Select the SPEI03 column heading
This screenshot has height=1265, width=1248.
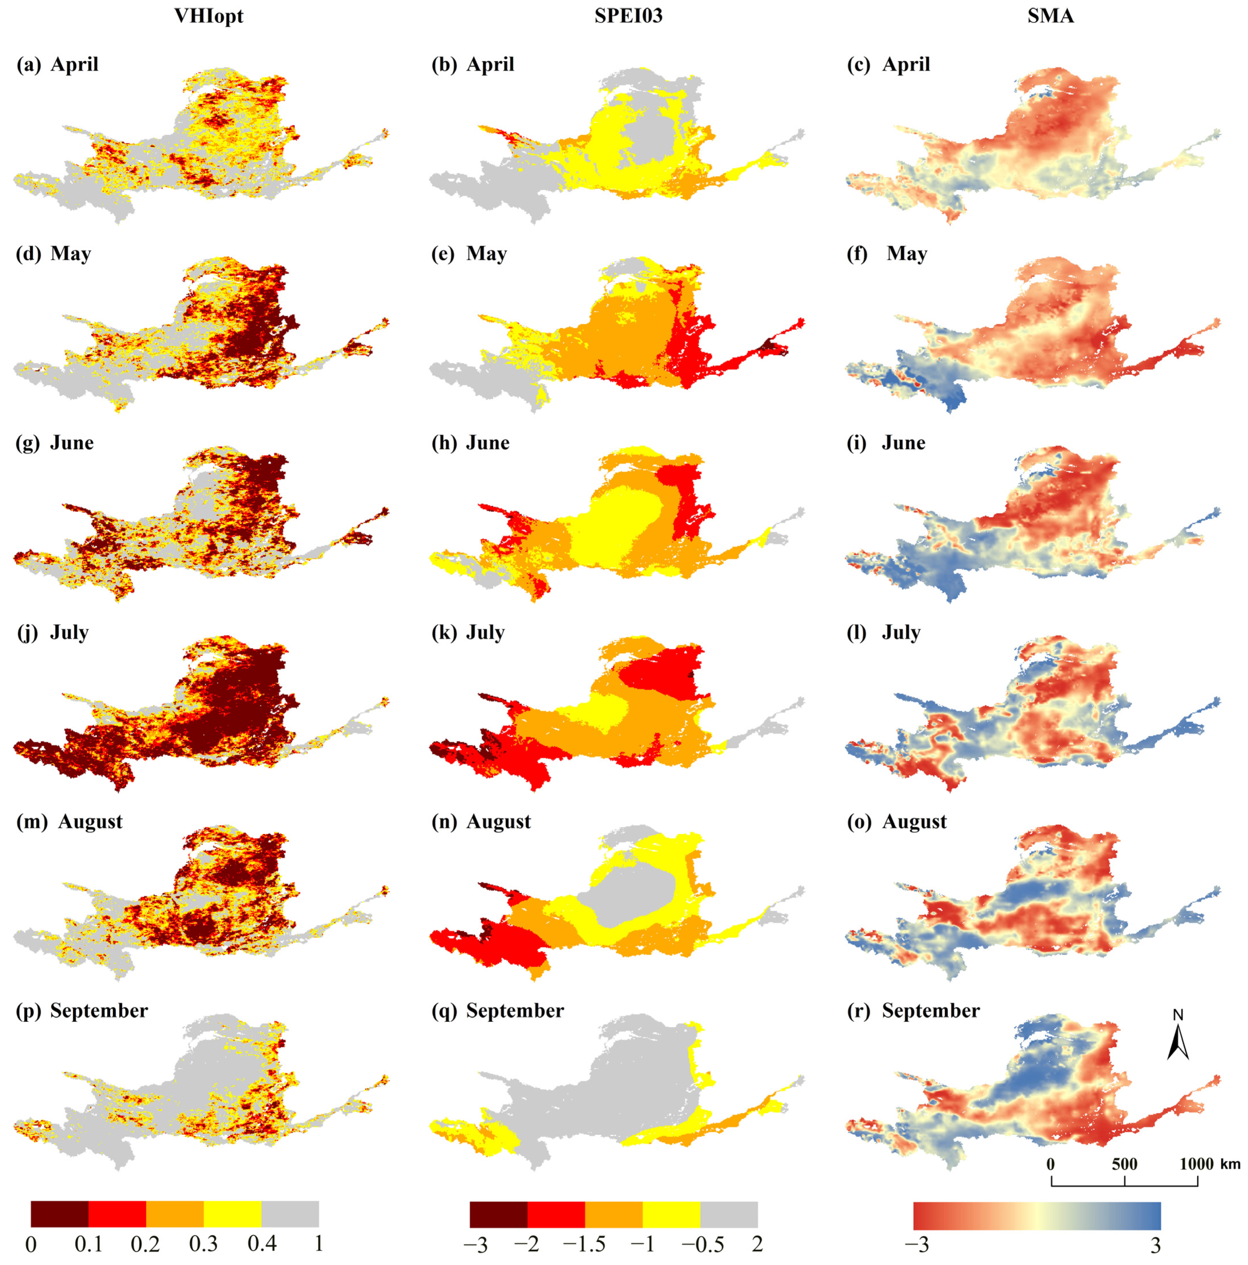[x=628, y=16]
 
